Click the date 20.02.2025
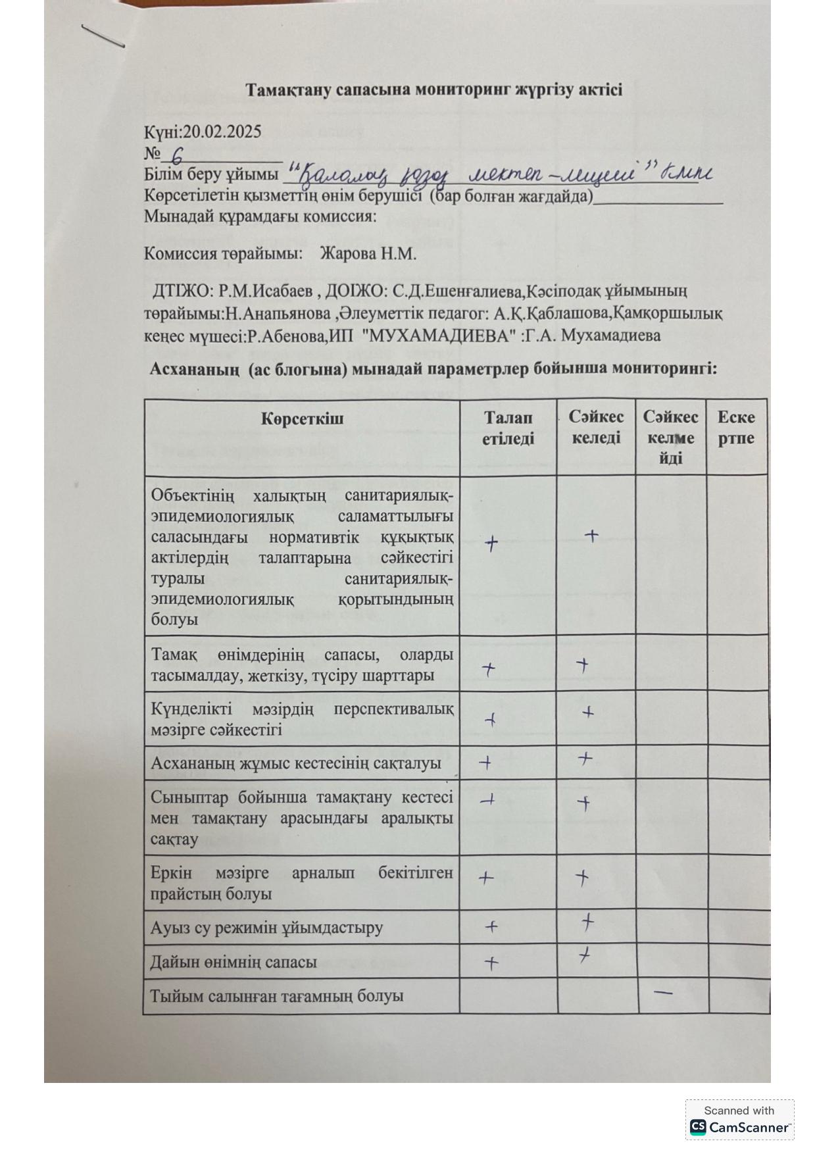click(x=222, y=132)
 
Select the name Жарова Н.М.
click(x=368, y=254)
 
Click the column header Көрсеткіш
click(x=302, y=419)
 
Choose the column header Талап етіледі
click(x=508, y=428)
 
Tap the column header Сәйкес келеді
click(x=596, y=428)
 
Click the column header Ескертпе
click(x=736, y=428)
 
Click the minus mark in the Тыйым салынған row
click(x=664, y=991)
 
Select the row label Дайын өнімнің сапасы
click(x=234, y=962)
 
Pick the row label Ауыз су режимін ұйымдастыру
click(x=266, y=928)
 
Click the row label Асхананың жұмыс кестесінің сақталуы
click(x=295, y=763)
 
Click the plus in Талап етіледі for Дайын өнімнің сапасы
click(x=491, y=963)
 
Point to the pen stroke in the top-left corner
click(x=103, y=36)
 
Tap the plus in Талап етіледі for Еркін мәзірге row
click(x=485, y=877)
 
